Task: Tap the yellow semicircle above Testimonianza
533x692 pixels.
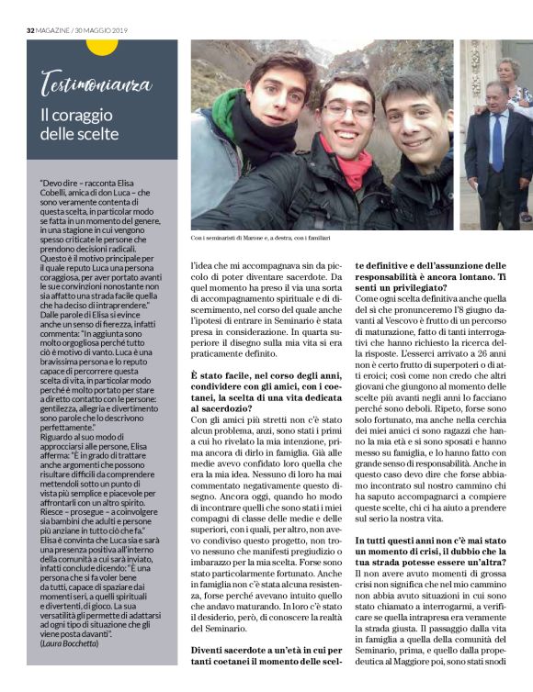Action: (x=102, y=46)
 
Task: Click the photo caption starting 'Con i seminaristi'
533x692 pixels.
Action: (x=260, y=238)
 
